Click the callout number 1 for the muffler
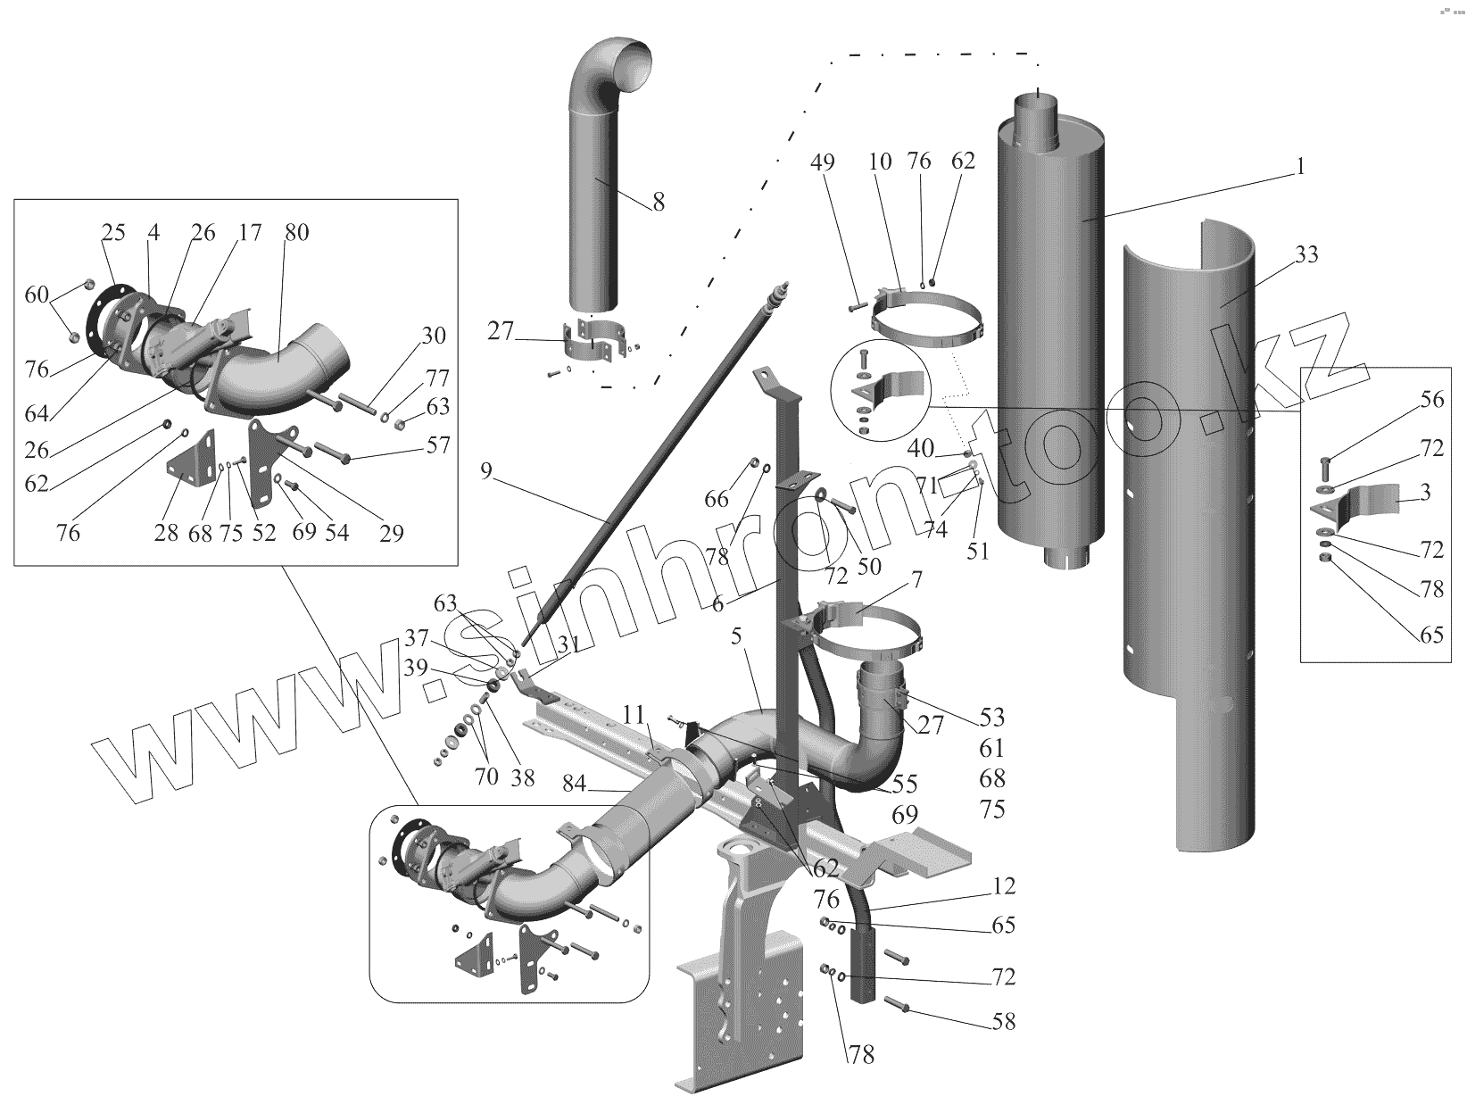pyautogui.click(x=1300, y=167)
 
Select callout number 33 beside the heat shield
pyautogui.click(x=1306, y=255)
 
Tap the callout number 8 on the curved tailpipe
pyautogui.click(x=659, y=202)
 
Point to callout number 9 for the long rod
pyautogui.click(x=485, y=470)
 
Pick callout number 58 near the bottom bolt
pyautogui.click(x=1004, y=1021)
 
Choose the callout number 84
pyautogui.click(x=576, y=785)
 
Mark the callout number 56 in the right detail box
pyautogui.click(x=1431, y=399)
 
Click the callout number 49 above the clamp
pyautogui.click(x=823, y=162)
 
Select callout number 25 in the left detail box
pyautogui.click(x=113, y=232)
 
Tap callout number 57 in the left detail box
pyautogui.click(x=438, y=444)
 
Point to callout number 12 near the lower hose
pyautogui.click(x=1004, y=887)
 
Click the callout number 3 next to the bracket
pyautogui.click(x=1425, y=492)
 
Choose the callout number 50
pyautogui.click(x=868, y=566)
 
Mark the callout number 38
pyautogui.click(x=523, y=778)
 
